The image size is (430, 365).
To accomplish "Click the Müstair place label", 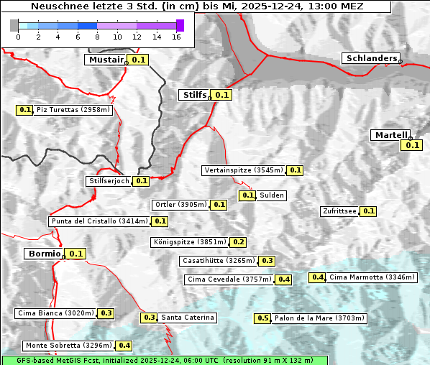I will (x=105, y=60).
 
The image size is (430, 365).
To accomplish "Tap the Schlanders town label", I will (x=370, y=58).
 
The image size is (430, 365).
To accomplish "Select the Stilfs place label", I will (x=193, y=95).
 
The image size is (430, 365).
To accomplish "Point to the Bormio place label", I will (x=43, y=254).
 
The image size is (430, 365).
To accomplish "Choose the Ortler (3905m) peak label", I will (x=180, y=205).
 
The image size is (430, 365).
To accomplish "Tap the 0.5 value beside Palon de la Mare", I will (x=263, y=318).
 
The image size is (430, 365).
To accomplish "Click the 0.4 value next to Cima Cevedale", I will (x=283, y=279).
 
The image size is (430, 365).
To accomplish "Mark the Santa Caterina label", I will (x=187, y=318).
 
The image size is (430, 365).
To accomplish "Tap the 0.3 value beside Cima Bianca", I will (x=106, y=313).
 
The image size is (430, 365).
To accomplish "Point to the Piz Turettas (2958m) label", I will (x=73, y=110).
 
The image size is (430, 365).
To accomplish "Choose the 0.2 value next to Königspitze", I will (x=238, y=242).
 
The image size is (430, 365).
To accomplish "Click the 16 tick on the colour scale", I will (x=176, y=37).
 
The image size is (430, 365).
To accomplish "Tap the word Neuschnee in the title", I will (x=55, y=6).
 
